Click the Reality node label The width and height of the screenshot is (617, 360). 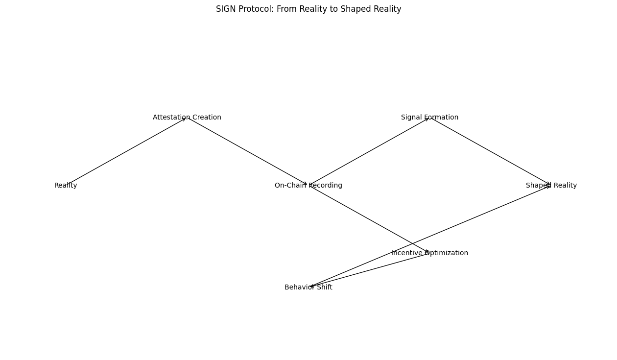[66, 186]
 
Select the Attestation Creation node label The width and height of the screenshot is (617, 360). [187, 118]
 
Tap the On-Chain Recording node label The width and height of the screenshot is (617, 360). [308, 186]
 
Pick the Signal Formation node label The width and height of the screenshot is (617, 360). [429, 118]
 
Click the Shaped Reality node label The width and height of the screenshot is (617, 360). [551, 186]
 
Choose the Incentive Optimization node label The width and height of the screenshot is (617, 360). [429, 253]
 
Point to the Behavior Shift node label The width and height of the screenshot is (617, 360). [308, 288]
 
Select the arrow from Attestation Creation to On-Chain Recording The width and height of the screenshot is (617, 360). [247, 151]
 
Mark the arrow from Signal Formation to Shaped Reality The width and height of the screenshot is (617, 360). [490, 151]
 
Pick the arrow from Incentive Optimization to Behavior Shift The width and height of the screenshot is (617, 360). [369, 270]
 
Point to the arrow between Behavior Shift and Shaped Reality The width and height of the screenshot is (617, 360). [441, 232]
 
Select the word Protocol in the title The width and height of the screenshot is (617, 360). [253, 9]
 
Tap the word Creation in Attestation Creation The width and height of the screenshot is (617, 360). [206, 118]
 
